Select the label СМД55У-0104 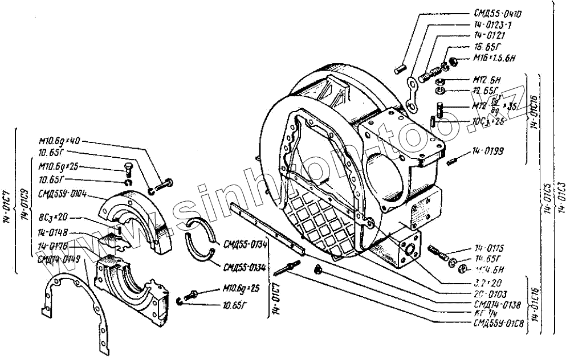point(62,194)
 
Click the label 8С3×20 point(54,218)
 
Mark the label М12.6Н point(487,79)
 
